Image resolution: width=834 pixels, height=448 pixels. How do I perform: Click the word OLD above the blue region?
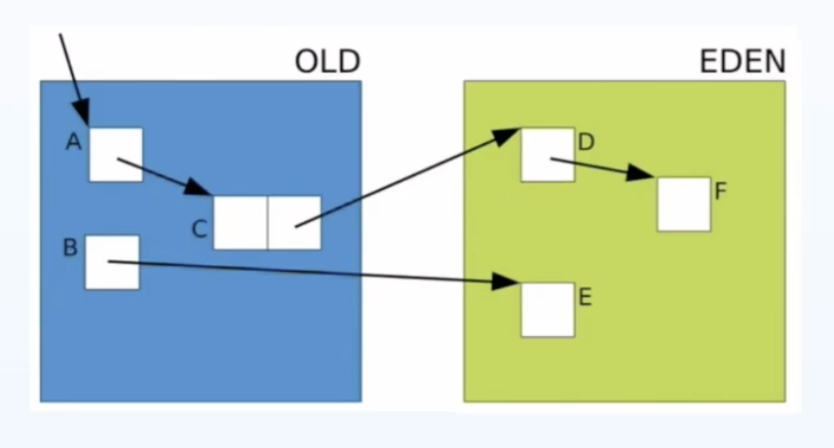point(327,61)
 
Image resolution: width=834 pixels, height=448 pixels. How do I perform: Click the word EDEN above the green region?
point(742,61)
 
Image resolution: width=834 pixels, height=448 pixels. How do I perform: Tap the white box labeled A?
point(116,155)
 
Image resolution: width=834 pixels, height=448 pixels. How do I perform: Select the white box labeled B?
point(112,262)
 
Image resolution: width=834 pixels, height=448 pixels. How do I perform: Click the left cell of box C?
point(241,223)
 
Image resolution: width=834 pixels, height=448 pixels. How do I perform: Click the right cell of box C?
point(294,223)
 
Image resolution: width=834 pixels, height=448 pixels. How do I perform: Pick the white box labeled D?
point(548,155)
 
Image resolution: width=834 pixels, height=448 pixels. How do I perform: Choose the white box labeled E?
point(548,310)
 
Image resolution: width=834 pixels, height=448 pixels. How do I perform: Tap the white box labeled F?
point(684,205)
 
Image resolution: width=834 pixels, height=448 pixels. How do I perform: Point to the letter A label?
point(73,142)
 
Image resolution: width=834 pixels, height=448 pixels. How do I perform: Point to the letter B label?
point(70,247)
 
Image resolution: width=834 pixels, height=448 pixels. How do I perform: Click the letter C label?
point(199,230)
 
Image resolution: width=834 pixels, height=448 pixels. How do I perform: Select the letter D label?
point(586,142)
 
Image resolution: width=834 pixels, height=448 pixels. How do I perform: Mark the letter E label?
point(585,297)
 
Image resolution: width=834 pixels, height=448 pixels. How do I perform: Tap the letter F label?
point(721,191)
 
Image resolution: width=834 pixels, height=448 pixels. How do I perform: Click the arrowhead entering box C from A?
point(199,187)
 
